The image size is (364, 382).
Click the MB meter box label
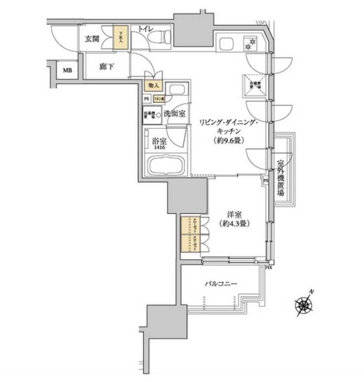click(67, 70)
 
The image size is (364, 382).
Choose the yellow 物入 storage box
click(153, 86)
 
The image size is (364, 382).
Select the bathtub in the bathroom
click(167, 165)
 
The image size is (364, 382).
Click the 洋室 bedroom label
click(234, 214)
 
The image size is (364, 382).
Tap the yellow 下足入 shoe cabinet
click(120, 38)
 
